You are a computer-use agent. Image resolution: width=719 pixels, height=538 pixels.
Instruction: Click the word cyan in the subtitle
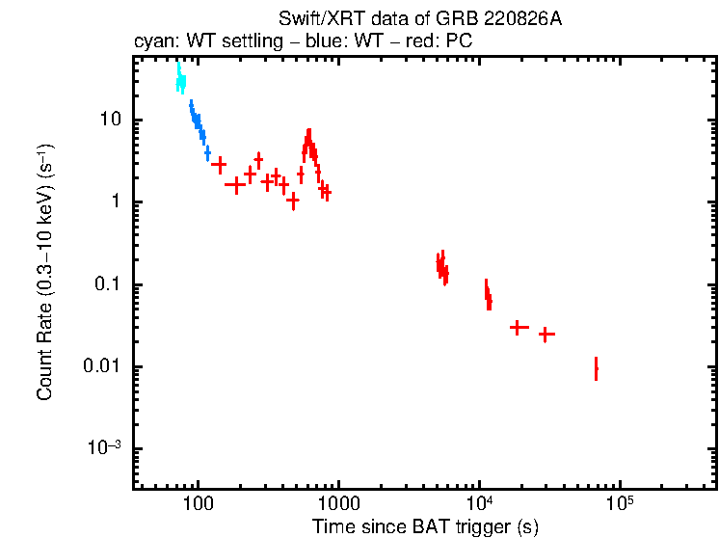[x=151, y=43]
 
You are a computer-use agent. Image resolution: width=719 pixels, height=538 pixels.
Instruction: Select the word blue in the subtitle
[x=333, y=43]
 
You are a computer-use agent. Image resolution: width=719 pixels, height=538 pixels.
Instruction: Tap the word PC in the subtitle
[x=459, y=43]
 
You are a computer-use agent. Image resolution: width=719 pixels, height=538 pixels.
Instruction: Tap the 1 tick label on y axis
[x=116, y=202]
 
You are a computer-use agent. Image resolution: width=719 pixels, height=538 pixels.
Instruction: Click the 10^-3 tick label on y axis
[x=105, y=448]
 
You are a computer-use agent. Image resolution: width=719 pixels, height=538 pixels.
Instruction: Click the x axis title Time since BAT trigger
[x=425, y=526]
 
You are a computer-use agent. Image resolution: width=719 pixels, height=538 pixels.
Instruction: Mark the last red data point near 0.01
[x=596, y=368]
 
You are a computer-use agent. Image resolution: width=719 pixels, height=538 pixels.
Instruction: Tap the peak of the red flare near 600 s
[x=308, y=135]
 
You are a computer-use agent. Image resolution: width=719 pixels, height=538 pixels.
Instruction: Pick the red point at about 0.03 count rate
[x=519, y=328]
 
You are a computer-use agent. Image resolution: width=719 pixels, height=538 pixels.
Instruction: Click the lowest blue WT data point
[x=207, y=153]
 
